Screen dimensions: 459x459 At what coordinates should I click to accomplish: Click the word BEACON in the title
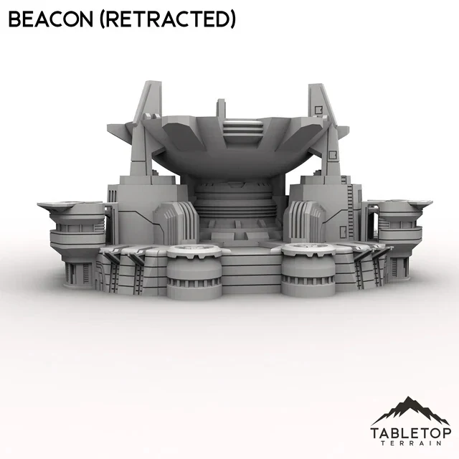click(x=49, y=19)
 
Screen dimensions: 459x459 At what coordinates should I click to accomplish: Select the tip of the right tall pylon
click(x=316, y=89)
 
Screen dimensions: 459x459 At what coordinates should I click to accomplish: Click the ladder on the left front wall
click(x=115, y=273)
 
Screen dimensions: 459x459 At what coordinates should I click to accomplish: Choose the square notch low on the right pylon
click(x=332, y=153)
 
